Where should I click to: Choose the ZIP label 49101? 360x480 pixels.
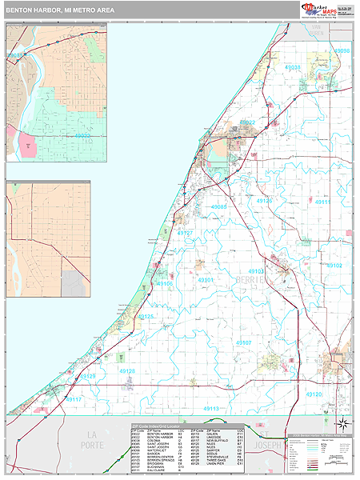206,280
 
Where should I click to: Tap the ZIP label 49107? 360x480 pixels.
244,342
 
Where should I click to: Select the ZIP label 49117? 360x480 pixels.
74,398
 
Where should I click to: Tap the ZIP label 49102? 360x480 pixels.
334,265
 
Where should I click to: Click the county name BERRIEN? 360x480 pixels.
250,280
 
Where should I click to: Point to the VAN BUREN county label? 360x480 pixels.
318,32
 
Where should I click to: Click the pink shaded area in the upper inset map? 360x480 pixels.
26,144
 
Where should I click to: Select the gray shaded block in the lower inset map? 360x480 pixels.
74,282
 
